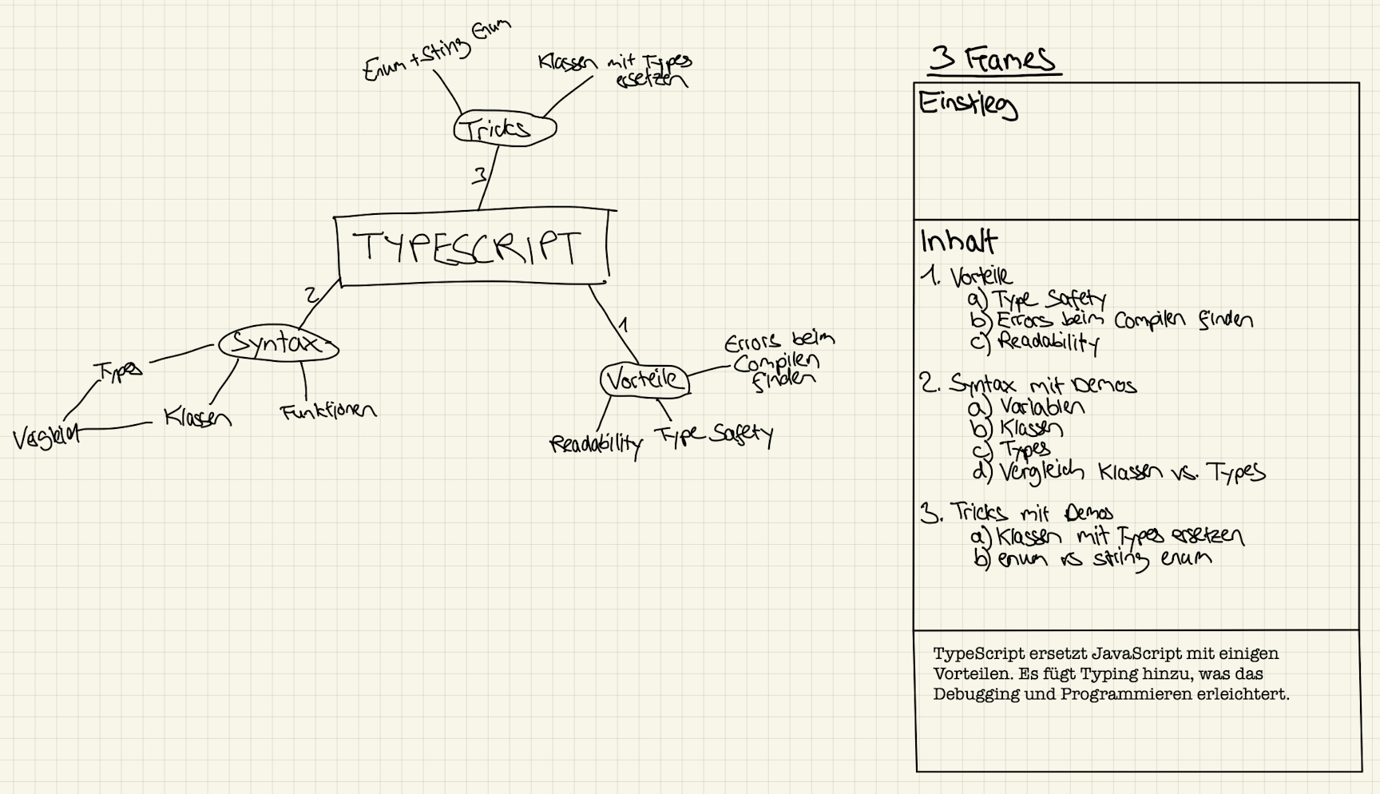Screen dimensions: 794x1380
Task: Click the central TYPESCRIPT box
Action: point(471,247)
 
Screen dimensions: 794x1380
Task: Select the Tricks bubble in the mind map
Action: point(504,129)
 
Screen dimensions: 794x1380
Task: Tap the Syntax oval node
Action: point(278,344)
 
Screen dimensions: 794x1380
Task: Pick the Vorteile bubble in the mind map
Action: point(644,380)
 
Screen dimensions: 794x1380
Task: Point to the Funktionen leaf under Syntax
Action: point(327,411)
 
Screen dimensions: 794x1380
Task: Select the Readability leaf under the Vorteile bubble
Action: point(596,444)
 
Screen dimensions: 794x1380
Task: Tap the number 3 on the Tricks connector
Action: point(479,176)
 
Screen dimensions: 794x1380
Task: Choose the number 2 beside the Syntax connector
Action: point(311,296)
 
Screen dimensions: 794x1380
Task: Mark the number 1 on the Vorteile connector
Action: point(623,325)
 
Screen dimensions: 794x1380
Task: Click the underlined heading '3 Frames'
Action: point(993,59)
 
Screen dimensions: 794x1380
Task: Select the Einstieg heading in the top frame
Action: point(967,105)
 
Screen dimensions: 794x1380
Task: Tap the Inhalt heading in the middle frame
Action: point(958,241)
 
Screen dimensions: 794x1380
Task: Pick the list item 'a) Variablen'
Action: point(1027,407)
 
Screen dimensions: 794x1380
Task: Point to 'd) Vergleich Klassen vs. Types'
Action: point(1118,473)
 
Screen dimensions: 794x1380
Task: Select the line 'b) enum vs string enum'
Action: point(1092,558)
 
